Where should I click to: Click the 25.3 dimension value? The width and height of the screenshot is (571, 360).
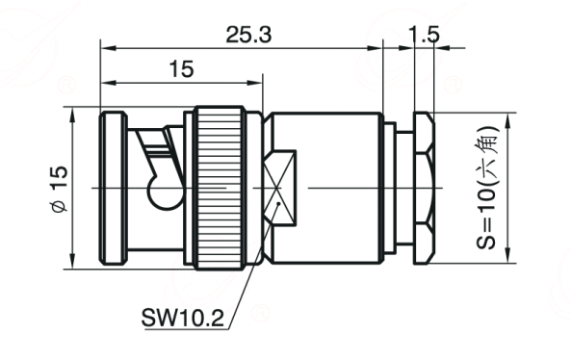(248, 35)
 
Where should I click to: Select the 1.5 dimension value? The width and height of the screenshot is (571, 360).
(424, 35)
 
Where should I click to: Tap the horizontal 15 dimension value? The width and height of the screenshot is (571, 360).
(181, 69)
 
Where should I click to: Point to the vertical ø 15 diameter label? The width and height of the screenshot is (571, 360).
(60, 189)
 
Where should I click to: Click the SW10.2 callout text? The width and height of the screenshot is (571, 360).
(182, 318)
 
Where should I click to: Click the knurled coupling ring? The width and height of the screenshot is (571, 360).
(220, 188)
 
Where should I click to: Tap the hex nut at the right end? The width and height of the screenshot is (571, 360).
(424, 188)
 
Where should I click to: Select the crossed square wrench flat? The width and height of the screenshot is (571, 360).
(279, 188)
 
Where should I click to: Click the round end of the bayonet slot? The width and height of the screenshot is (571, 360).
(164, 192)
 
